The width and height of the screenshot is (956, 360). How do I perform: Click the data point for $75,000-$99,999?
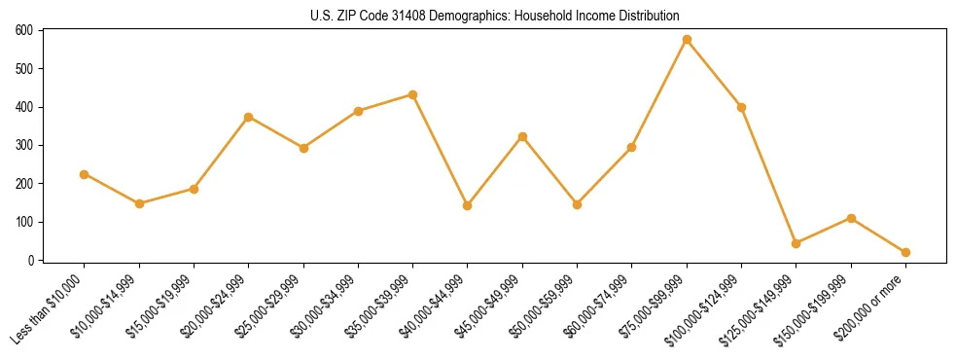[687, 40]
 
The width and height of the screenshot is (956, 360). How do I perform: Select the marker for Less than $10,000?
[84, 174]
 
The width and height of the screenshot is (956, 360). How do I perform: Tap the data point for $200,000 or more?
[906, 252]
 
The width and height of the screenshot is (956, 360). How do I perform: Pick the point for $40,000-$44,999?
[468, 205]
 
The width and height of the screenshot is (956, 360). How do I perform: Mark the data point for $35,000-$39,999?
[412, 94]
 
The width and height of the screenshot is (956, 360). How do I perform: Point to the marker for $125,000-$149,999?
[797, 243]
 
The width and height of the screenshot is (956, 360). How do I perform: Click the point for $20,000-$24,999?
[248, 117]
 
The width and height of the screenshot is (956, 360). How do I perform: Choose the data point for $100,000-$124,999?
[742, 107]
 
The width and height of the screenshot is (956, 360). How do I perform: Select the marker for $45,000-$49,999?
[522, 137]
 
